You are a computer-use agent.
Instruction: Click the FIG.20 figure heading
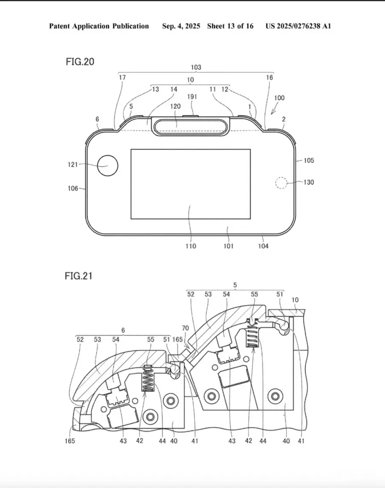tap(80, 62)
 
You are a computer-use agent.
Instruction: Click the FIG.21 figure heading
tap(79, 276)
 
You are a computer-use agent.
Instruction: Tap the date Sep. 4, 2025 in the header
tap(181, 26)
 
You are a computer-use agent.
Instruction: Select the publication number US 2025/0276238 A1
tap(298, 26)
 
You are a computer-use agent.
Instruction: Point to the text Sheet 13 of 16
tap(230, 26)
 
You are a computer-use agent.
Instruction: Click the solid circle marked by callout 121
tap(107, 165)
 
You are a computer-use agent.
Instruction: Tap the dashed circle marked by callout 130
tap(281, 183)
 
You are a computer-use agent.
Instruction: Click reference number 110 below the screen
tap(191, 246)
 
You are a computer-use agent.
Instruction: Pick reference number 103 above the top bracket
tap(196, 67)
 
